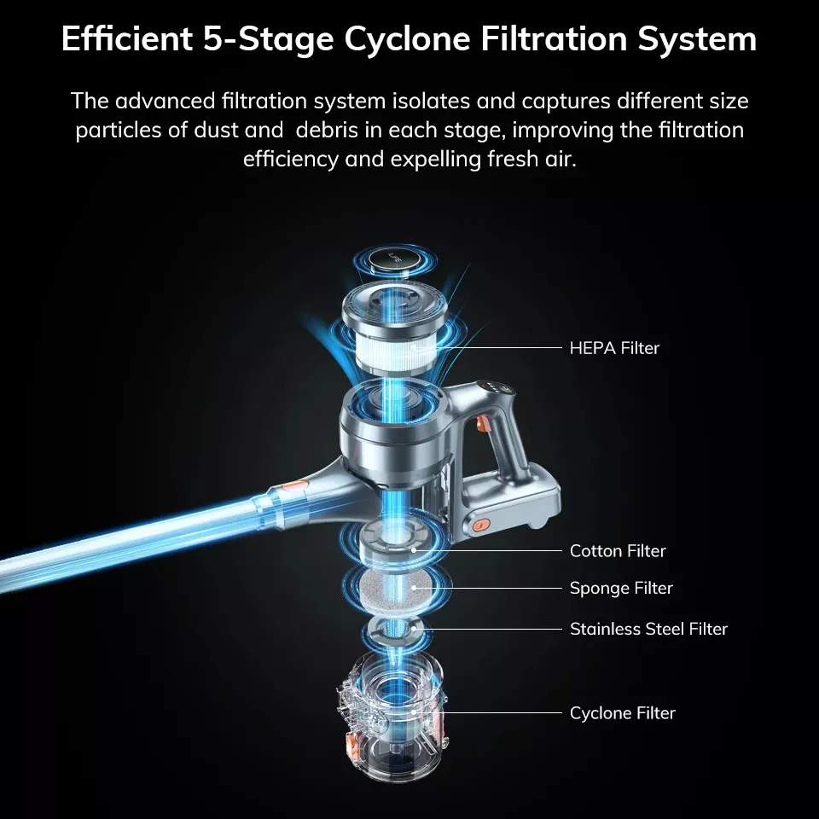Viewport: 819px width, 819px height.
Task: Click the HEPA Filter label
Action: pos(614,348)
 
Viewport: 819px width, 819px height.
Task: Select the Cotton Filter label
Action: pos(618,550)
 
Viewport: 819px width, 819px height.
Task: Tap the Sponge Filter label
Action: pos(621,588)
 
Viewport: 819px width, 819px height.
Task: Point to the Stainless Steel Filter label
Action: pos(648,629)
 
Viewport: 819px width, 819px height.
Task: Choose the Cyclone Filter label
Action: pos(622,713)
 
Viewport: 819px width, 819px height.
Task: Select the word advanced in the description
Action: pos(165,101)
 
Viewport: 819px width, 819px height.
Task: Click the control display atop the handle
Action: pos(494,387)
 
